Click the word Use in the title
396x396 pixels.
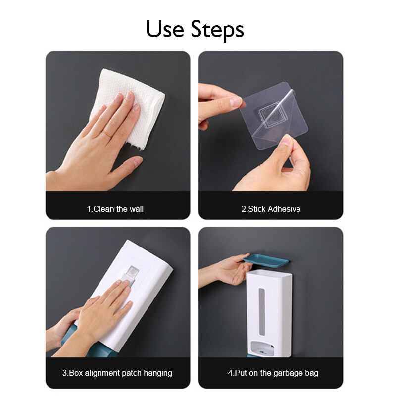[x=165, y=29]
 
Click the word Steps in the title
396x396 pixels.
[x=217, y=30]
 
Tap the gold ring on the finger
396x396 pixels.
[x=107, y=134]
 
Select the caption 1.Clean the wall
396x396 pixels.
[x=115, y=209]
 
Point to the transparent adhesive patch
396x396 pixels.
[x=274, y=116]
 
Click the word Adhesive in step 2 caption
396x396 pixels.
[x=284, y=209]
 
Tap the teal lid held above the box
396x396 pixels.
[x=266, y=260]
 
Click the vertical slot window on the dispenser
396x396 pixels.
[x=262, y=312]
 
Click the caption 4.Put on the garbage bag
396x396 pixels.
[x=273, y=373]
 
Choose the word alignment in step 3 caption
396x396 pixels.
[x=102, y=373]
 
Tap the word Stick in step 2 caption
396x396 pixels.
[x=257, y=209]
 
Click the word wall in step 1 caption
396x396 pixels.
[x=137, y=209]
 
